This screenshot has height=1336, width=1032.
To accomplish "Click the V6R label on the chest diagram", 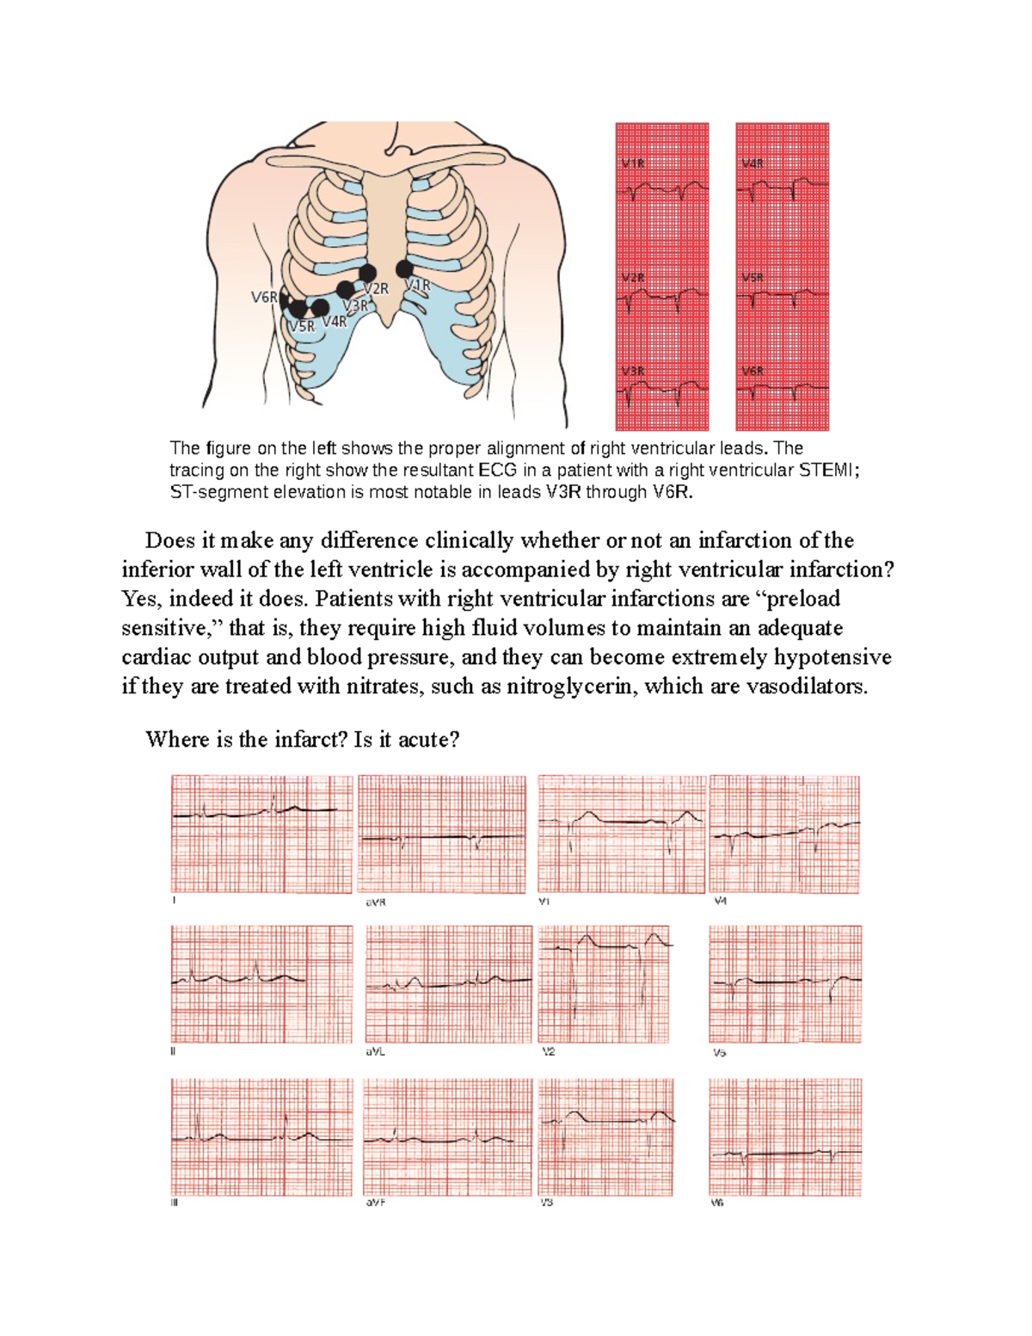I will click(263, 298).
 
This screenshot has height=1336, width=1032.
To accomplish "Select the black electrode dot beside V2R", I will click(367, 274).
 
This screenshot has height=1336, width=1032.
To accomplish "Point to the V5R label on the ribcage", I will click(302, 327).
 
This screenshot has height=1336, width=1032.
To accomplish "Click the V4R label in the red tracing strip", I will click(752, 163).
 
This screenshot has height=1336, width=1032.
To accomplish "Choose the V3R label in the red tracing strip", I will click(632, 371).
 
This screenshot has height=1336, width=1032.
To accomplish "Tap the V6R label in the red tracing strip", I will click(752, 371).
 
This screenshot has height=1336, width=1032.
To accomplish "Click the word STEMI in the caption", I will click(827, 471).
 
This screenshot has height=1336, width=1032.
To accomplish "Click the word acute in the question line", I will click(425, 740).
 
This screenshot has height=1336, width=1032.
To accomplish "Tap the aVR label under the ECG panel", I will click(375, 902).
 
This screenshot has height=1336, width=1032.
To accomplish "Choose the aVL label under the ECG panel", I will click(375, 1051).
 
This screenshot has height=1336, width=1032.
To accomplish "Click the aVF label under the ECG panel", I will click(375, 1203).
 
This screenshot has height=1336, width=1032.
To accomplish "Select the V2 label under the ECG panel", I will click(548, 1051).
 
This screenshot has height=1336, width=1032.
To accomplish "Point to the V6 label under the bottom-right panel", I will click(717, 1203).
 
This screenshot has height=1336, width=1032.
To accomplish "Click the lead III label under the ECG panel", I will click(174, 1203).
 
